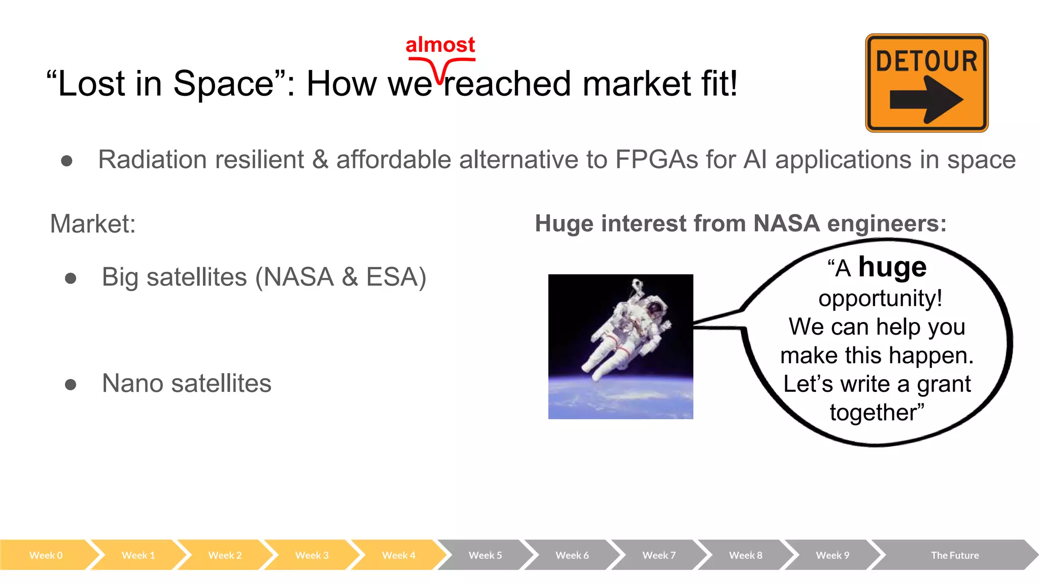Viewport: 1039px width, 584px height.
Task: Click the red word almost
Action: (x=440, y=45)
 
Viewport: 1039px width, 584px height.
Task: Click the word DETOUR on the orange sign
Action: (x=926, y=61)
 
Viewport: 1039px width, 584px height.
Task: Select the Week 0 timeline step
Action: (x=46, y=555)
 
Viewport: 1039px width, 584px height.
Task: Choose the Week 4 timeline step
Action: (x=398, y=555)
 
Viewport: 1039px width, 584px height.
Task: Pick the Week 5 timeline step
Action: (x=485, y=555)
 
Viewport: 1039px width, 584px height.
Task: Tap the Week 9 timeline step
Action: (x=832, y=555)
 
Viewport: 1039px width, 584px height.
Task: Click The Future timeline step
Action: (x=954, y=555)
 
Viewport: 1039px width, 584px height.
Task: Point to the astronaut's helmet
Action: (x=656, y=306)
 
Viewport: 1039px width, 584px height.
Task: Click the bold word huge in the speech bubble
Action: (x=892, y=267)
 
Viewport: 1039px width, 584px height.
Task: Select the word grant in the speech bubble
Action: (x=943, y=384)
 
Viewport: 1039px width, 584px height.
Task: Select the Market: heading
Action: (x=93, y=224)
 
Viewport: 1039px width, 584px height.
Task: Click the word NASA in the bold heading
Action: (x=786, y=224)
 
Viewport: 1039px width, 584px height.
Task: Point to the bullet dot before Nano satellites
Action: (x=71, y=385)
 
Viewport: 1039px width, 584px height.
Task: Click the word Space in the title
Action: (x=223, y=84)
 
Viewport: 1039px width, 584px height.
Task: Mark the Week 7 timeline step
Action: (x=659, y=555)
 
